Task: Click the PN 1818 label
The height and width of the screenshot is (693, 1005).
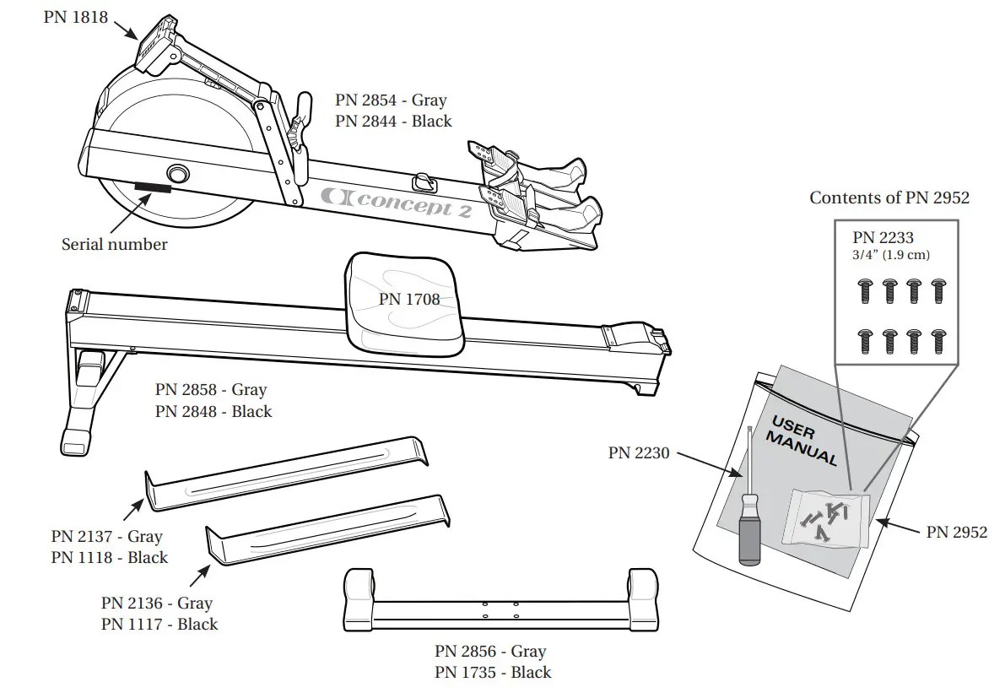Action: pos(76,16)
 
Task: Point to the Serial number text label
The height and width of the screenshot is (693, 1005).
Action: pos(115,245)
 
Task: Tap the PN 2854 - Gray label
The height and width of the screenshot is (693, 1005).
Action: pos(391,100)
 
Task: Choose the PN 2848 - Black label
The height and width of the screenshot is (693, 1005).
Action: pos(213,411)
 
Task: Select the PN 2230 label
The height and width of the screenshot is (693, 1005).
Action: pos(639,453)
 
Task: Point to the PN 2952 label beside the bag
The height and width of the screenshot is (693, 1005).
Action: pos(957,532)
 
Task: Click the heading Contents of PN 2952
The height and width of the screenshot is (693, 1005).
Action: pos(889,198)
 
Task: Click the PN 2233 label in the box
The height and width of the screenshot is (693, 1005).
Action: pos(883,238)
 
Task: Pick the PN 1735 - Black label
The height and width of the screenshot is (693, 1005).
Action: pos(493,672)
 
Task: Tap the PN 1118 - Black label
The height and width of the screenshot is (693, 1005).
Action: pos(110,557)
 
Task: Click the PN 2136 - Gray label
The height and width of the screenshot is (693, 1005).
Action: pos(157,603)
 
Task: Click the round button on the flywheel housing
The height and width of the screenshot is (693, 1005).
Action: pos(178,173)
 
